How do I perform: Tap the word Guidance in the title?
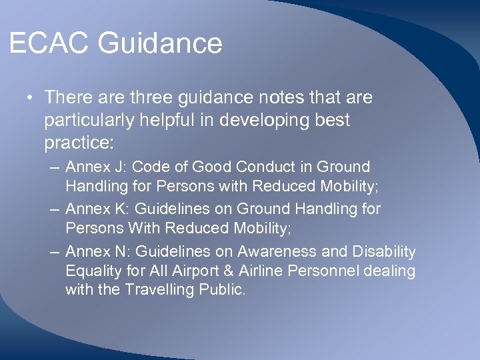pyautogui.click(x=160, y=44)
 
